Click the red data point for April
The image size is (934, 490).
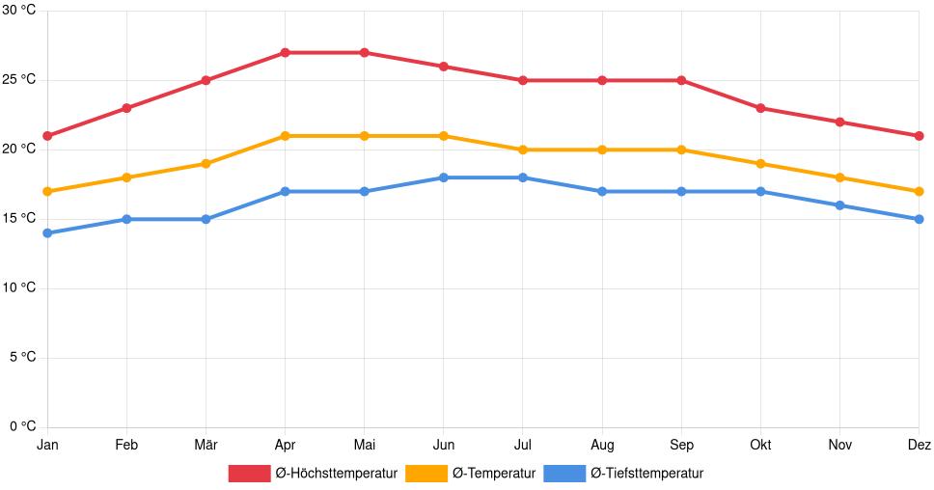(285, 52)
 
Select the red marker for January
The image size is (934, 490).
(47, 136)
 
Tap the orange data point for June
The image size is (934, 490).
(443, 136)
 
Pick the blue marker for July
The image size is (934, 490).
(522, 177)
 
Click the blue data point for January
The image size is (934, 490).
(47, 233)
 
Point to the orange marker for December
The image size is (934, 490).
(919, 191)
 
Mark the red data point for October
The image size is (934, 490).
(760, 108)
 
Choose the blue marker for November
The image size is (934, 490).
(839, 205)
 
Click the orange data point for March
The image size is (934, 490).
(206, 164)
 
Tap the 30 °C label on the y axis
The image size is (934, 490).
(18, 10)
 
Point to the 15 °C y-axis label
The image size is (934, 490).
(18, 218)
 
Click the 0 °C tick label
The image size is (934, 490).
(21, 426)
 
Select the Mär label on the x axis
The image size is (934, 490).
(206, 445)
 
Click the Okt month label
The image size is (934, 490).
(760, 445)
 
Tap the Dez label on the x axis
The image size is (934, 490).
(919, 445)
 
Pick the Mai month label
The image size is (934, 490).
(364, 445)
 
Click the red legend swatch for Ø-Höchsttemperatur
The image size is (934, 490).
(249, 474)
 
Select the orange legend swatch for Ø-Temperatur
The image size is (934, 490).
(426, 474)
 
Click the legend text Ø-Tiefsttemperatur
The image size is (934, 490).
(646, 474)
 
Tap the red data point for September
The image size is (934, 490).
(681, 80)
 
